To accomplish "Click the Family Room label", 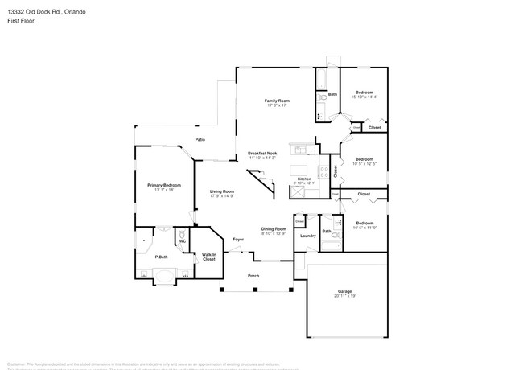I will tap(278, 100).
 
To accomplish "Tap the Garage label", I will tap(344, 290).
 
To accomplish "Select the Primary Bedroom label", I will tap(164, 185).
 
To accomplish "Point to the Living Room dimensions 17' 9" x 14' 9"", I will tap(222, 196).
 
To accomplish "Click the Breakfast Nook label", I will tap(263, 153).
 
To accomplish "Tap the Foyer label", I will tap(238, 240).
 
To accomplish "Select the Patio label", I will tap(200, 140).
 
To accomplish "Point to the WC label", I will tap(182, 240).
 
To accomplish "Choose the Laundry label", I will tap(308, 236).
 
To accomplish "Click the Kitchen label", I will tap(304, 179).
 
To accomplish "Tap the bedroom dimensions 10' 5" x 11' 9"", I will tap(364, 227).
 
